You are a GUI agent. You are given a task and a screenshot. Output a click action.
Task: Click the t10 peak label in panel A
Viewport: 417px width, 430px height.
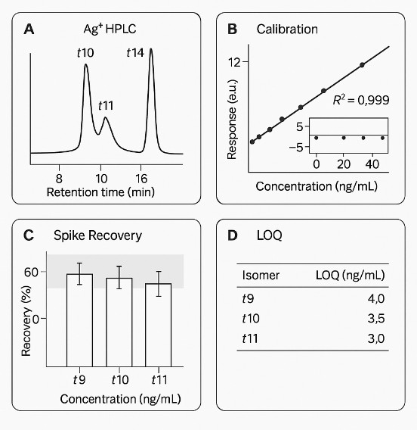point(85,53)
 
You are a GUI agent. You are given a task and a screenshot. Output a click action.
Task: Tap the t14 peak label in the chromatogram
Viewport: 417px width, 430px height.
point(134,53)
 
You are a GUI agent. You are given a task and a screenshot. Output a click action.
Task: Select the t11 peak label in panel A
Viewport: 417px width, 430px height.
point(107,104)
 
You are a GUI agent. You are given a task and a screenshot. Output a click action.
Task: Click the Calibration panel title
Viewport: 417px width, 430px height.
point(287,30)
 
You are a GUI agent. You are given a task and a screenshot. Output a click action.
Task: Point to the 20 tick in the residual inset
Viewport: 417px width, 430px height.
point(343,163)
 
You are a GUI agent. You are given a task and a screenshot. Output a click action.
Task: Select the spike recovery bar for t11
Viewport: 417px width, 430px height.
point(159,324)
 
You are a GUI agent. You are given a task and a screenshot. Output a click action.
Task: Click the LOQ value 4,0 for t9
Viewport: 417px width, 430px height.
point(377,298)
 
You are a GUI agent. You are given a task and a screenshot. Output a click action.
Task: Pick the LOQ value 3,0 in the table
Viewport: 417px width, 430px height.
point(377,339)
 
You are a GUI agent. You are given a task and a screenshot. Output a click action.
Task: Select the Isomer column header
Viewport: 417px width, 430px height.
point(260,274)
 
